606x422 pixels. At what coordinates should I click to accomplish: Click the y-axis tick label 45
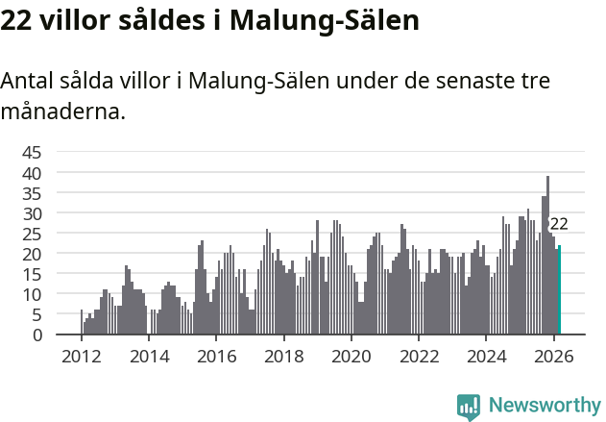point(32,152)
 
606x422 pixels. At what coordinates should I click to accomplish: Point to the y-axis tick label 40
point(32,172)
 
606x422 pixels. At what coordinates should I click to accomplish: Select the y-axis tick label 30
point(32,212)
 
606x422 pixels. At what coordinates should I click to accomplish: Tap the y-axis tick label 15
point(32,274)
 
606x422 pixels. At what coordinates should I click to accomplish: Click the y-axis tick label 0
point(36,335)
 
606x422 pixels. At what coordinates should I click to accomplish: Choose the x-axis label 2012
point(81,357)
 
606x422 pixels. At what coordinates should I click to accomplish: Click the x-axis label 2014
point(148,357)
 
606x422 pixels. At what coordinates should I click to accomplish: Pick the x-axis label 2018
point(283,357)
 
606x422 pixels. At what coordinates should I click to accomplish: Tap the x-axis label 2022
point(419,357)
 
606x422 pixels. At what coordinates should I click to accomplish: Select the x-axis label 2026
point(553,357)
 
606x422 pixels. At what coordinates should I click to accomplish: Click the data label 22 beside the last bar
point(559,224)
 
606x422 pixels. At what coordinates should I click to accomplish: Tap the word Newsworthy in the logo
point(545,405)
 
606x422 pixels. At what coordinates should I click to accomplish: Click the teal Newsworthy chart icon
point(469,407)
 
